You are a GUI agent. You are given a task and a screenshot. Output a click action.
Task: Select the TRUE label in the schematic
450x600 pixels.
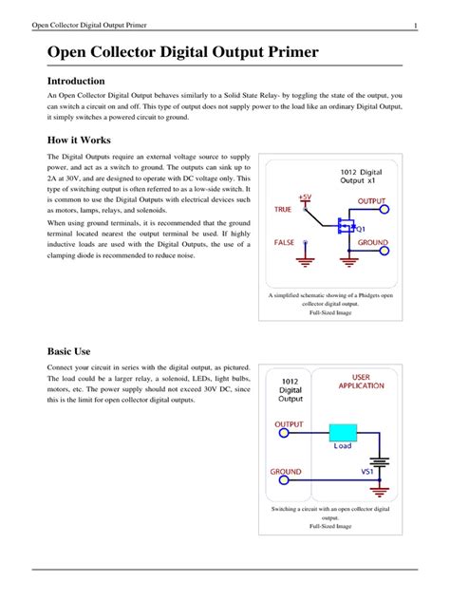coord(284,210)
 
